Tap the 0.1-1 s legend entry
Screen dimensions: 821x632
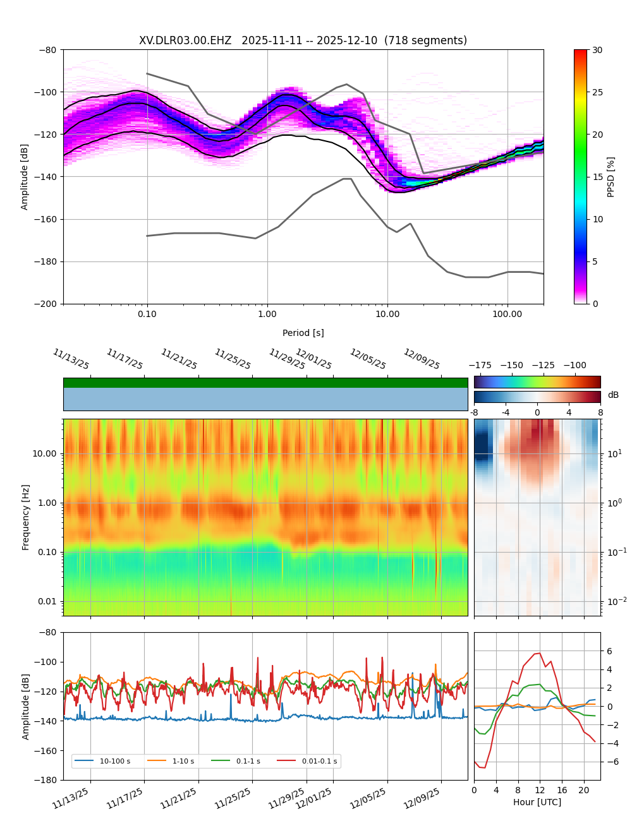tap(248, 761)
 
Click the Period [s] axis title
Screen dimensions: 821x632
tap(303, 333)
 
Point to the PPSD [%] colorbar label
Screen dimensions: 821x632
tap(611, 177)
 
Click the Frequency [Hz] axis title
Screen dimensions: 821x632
tap(26, 517)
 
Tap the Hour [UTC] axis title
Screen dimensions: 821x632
tap(537, 802)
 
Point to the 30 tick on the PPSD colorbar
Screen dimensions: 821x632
tap(597, 50)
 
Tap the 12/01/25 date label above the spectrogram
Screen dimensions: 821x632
tap(313, 359)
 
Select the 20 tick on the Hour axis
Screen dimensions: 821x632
tap(583, 790)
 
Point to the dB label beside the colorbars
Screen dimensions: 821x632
tap(613, 395)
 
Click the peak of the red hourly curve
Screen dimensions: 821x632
tap(539, 653)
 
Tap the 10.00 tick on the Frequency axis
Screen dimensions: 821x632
tap(44, 453)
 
